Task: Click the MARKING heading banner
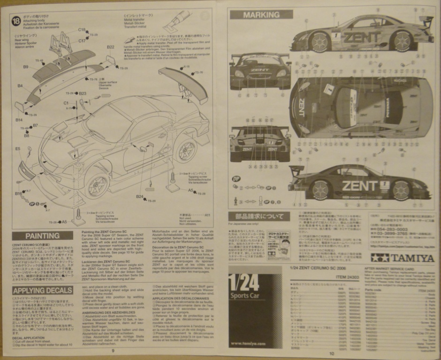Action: pos(261,15)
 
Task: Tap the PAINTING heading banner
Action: pos(43,235)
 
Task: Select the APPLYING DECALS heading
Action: pos(42,290)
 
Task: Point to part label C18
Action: pos(82,30)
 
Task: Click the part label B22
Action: pos(110,47)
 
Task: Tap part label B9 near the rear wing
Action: pos(26,67)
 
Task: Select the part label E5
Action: pos(17,149)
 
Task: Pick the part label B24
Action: pos(139,196)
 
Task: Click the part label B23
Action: pos(83,93)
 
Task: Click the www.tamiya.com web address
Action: pos(249,344)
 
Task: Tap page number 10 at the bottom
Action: pos(331,353)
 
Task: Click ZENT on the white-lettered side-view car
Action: pos(359,186)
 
